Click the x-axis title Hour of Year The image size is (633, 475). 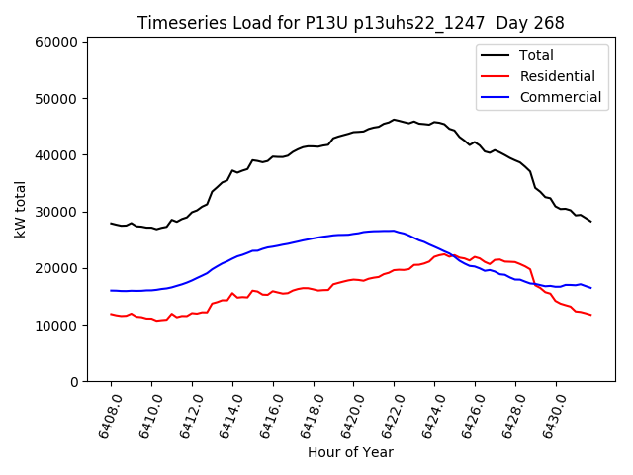350,453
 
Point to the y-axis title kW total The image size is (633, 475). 20,210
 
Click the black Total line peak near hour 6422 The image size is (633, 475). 394,120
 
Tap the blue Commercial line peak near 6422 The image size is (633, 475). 393,231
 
